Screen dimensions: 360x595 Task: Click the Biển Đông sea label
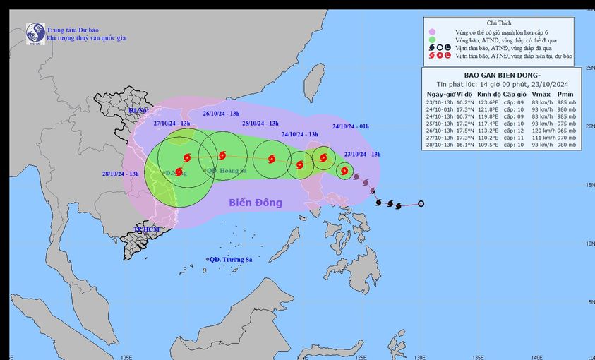pos(255,203)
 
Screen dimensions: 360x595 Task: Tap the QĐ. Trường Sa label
pos(230,260)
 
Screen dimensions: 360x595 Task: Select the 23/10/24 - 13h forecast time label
pos(362,153)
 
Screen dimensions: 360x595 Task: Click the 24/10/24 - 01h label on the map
pos(351,127)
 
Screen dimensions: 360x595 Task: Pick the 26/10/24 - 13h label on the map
pos(221,114)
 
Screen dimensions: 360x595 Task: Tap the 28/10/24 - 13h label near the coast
pos(120,174)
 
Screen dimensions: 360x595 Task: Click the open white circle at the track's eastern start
pos(421,204)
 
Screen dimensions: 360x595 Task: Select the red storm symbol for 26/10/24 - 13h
pos(222,155)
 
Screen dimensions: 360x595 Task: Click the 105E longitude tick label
pos(127,356)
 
